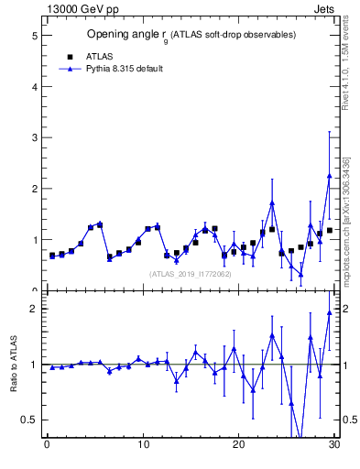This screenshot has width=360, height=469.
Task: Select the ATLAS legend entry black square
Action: coord(70,56)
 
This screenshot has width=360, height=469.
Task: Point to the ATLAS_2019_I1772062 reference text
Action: coord(190,273)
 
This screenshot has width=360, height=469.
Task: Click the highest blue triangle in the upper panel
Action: coord(329,176)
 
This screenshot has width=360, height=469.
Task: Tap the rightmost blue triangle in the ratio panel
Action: coord(329,312)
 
